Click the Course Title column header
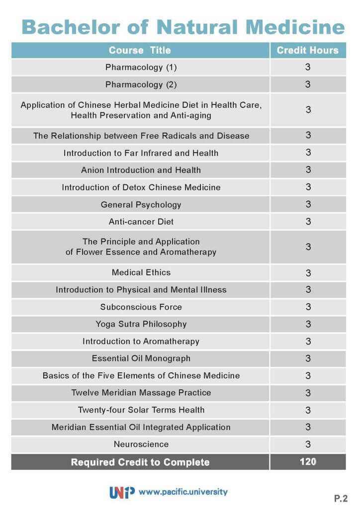(x=140, y=50)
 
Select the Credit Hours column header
(x=307, y=50)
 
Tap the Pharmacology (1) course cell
(x=141, y=67)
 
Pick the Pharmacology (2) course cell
(x=141, y=85)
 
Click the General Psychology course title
(x=141, y=204)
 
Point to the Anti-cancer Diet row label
(x=141, y=221)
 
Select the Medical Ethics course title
(x=141, y=272)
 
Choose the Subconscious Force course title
(x=141, y=307)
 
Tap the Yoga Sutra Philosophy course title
(x=141, y=324)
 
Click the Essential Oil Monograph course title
(x=141, y=358)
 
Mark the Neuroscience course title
(x=141, y=444)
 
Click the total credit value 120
(x=308, y=462)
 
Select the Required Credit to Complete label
(x=140, y=462)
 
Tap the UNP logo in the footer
(x=122, y=492)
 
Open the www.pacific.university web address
(x=183, y=492)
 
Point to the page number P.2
(x=341, y=497)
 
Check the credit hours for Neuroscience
(x=308, y=444)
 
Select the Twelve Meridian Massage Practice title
(x=141, y=393)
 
